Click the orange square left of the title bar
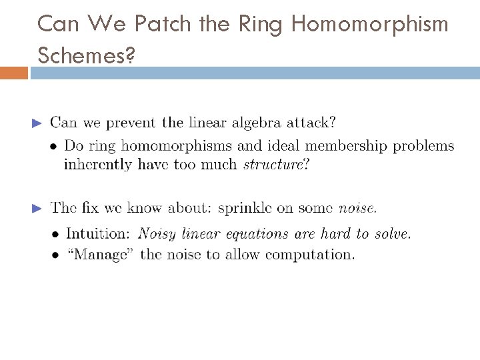click(x=14, y=72)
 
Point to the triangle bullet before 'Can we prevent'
click(x=37, y=123)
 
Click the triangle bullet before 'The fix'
click(x=37, y=209)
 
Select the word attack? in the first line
click(x=312, y=122)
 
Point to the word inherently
click(x=96, y=163)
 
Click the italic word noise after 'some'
click(x=357, y=209)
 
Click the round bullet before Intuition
click(x=55, y=234)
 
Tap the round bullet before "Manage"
click(x=55, y=254)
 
